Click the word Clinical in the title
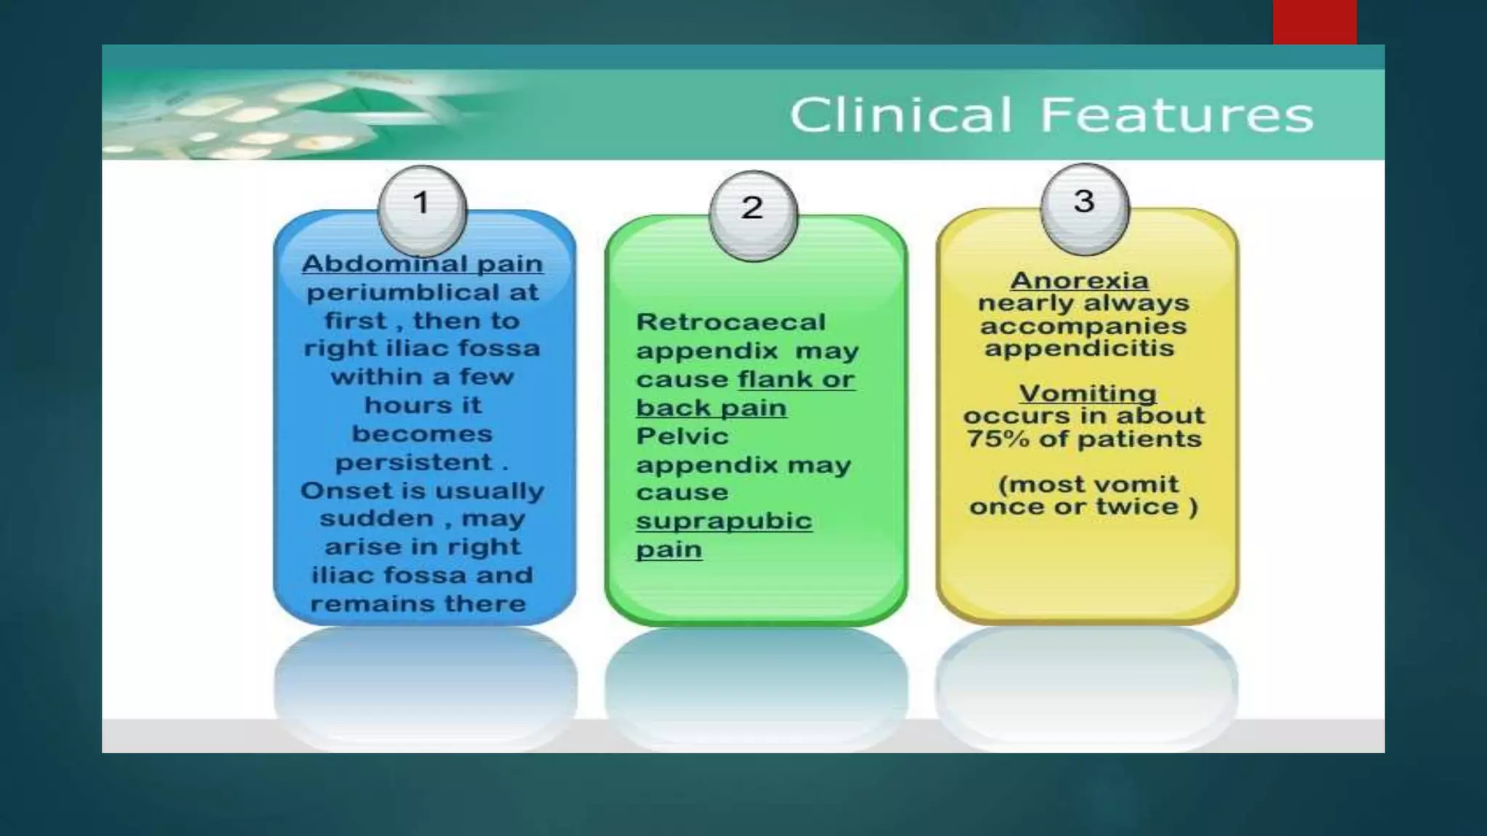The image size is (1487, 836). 900,115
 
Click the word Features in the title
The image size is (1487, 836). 1177,115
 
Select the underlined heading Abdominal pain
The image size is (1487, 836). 422,263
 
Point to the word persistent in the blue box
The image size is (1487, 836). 413,462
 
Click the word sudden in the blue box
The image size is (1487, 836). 375,519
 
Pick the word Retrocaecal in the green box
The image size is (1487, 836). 730,321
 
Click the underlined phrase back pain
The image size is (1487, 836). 711,408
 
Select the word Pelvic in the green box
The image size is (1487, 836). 682,436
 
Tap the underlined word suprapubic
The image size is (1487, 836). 724,521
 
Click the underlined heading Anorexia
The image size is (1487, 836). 1079,280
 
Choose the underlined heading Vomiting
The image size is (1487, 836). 1087,393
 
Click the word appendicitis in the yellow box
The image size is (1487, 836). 1079,348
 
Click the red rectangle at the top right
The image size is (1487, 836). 1314,22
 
